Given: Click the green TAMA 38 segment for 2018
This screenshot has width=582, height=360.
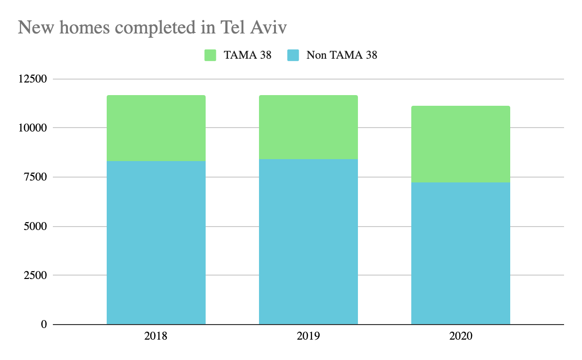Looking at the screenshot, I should click(156, 128).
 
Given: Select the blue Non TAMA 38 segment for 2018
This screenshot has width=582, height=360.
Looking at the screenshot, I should click(156, 243).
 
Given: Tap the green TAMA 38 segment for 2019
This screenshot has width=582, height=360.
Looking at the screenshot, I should click(308, 127).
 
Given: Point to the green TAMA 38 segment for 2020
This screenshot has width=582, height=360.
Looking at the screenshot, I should click(460, 144).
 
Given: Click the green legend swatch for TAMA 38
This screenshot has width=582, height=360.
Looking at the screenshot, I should click(210, 55).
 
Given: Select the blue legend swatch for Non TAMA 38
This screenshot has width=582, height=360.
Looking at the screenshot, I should click(293, 55).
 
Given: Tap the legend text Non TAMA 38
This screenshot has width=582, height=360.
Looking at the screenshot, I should click(341, 55).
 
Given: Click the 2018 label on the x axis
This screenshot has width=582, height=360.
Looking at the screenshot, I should click(156, 336).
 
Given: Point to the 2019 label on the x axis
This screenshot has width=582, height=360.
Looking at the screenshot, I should click(308, 336).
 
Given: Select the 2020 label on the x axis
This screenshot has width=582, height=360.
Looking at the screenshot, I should click(460, 336).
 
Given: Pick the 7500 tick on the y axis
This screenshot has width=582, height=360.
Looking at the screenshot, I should click(34, 177).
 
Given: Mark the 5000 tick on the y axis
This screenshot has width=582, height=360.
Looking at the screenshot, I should click(34, 226).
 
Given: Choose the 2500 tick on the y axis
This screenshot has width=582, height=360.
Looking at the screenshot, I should click(34, 275).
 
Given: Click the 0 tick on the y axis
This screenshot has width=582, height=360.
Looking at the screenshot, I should click(43, 324).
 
